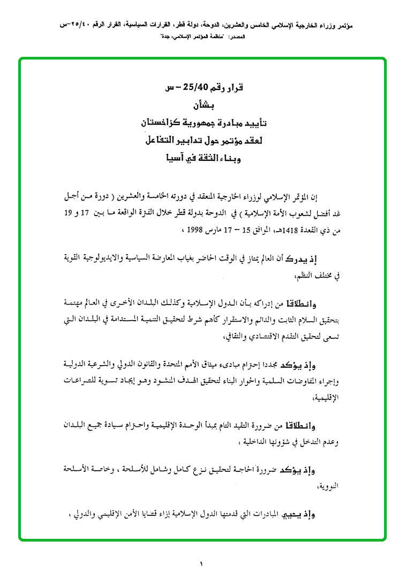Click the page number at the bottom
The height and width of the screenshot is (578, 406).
click(x=202, y=564)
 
